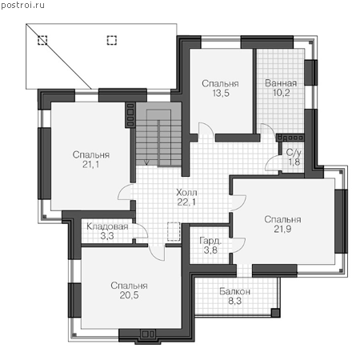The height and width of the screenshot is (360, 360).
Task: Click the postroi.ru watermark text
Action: coord(22,5)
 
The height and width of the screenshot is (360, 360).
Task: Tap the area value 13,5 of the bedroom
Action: coord(221,94)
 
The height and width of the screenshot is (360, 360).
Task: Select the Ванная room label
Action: coord(281,83)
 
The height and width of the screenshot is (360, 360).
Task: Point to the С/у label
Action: coord(294,153)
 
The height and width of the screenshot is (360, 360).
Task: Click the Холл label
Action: coord(186,192)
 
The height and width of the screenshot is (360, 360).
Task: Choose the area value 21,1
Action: coord(91,165)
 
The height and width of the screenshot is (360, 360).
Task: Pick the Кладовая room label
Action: coord(107,226)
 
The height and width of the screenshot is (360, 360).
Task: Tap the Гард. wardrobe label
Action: coord(210,241)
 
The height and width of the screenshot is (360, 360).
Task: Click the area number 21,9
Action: coord(282,229)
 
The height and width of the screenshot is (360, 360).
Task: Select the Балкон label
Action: coord(234,291)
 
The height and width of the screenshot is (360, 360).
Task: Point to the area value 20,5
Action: coord(129,295)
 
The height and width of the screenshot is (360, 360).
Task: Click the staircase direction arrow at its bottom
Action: coord(146,162)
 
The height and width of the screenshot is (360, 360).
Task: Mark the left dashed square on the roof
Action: coord(42,40)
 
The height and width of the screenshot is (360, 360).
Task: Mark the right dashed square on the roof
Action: coord(112,40)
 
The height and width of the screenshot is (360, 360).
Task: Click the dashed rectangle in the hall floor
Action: coord(174,231)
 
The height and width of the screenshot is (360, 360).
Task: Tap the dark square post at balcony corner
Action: coord(275,313)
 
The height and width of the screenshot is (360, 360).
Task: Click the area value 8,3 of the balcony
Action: coord(235,301)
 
